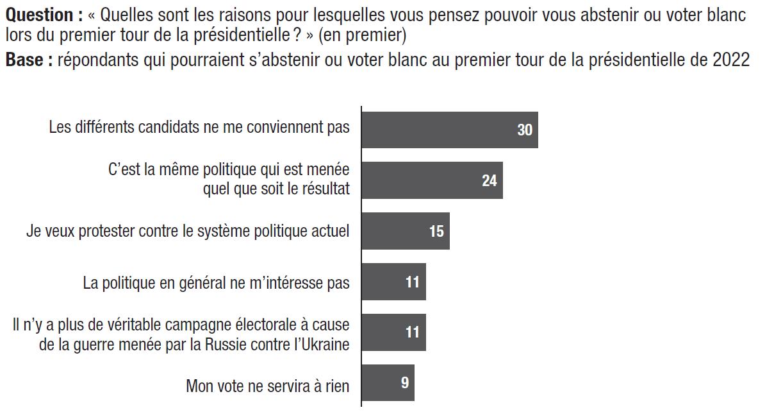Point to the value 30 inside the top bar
tap(525, 130)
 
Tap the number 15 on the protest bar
tap(436, 231)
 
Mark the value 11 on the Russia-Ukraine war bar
tap(413, 332)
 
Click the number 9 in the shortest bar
tap(405, 383)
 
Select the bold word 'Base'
tap(24, 61)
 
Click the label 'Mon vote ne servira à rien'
tap(267, 386)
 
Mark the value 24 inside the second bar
tap(490, 180)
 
